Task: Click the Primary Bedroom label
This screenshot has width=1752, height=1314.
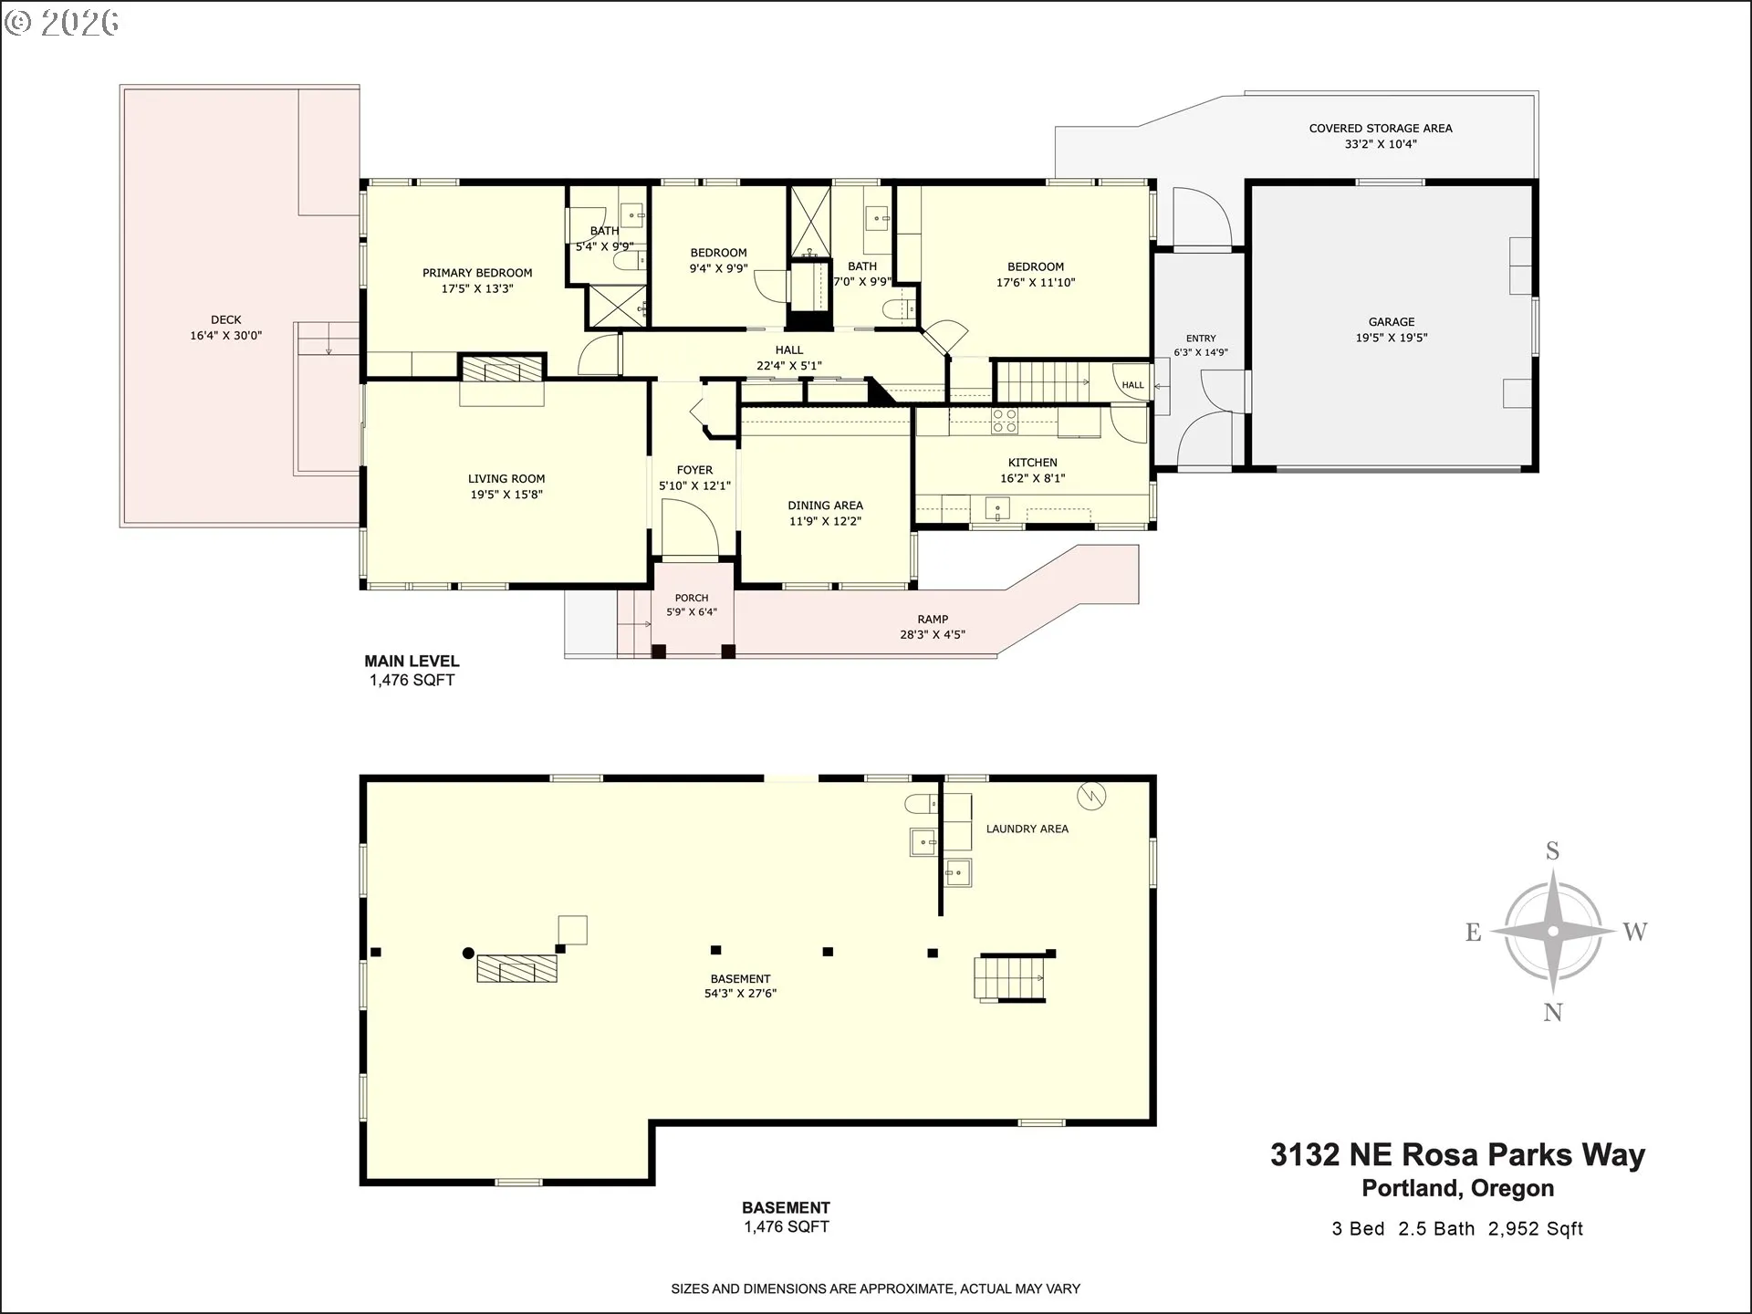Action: click(477, 273)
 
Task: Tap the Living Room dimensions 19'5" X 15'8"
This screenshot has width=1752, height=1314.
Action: click(506, 495)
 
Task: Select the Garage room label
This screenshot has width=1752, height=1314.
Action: click(1392, 322)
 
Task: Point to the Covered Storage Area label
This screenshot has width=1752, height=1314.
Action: click(1381, 129)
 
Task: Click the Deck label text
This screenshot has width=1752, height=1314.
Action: click(226, 319)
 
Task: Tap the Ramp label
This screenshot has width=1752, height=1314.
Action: click(933, 620)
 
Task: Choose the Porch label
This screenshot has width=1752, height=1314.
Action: click(692, 599)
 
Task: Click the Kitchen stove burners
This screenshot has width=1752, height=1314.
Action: click(1005, 421)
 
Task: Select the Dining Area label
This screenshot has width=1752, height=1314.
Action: click(825, 506)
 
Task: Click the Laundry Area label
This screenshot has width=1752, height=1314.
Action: click(1027, 829)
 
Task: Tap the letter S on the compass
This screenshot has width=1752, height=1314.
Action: click(1552, 851)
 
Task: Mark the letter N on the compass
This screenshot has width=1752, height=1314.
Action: click(1553, 1012)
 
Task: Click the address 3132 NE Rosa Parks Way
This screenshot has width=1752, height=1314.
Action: click(1457, 1154)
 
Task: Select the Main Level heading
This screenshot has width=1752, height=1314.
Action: click(412, 662)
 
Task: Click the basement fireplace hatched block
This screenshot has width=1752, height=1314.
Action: click(516, 968)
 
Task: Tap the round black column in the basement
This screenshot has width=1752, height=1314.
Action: click(468, 954)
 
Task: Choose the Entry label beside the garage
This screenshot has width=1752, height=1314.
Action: click(1201, 339)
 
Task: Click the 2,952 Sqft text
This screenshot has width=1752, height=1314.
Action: click(1536, 1229)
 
